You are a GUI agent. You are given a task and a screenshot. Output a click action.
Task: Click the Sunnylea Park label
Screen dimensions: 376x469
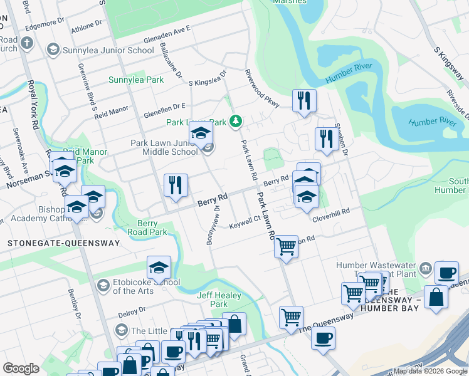[136, 80]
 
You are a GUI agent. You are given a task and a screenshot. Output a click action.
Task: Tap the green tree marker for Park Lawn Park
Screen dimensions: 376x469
[236, 120]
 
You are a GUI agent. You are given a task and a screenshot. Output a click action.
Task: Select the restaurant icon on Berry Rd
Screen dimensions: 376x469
[176, 185]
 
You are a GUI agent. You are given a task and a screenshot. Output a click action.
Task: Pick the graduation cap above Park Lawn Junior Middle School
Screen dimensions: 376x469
[201, 133]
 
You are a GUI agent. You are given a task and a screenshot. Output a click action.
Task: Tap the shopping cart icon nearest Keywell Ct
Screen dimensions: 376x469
[286, 246]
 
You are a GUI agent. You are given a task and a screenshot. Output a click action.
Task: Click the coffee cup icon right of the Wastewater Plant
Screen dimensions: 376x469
[446, 273]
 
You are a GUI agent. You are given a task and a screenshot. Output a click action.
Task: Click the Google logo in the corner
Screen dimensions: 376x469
[21, 368]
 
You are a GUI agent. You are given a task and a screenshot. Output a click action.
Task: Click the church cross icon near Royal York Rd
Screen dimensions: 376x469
[26, 44]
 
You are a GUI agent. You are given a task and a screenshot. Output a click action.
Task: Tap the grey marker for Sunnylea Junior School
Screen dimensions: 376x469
[53, 50]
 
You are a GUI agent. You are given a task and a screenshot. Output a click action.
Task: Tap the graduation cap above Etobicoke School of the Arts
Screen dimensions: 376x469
[159, 268]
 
